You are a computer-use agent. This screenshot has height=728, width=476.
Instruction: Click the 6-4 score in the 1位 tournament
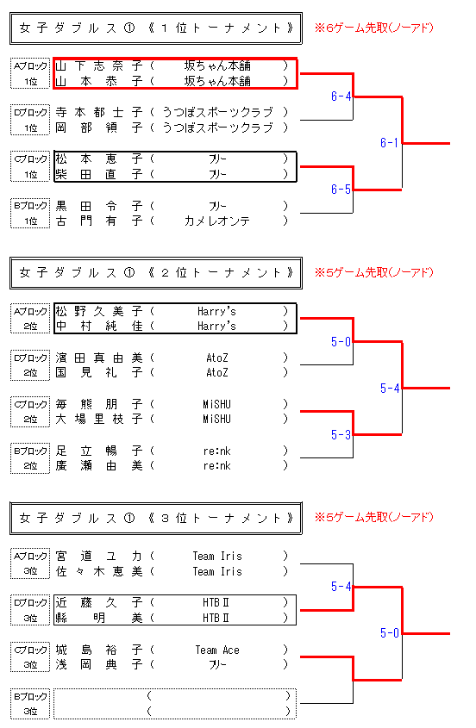click(x=341, y=96)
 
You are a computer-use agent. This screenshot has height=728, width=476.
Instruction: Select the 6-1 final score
click(x=390, y=142)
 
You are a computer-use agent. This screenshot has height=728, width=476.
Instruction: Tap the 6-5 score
click(x=341, y=189)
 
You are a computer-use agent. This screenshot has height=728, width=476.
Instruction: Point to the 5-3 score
click(x=341, y=434)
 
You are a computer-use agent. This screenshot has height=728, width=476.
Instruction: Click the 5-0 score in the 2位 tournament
click(x=341, y=342)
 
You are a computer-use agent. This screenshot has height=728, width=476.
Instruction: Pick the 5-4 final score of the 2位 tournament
click(x=390, y=389)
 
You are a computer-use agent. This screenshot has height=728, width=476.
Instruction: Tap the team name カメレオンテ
click(x=217, y=221)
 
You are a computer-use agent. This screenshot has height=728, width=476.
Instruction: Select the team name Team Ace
click(x=217, y=650)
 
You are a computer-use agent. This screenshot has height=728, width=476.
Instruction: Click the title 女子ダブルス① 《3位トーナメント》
click(x=156, y=518)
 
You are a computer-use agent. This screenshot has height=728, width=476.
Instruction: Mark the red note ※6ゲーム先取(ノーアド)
click(x=374, y=28)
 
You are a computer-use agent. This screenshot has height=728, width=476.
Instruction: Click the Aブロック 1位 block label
click(x=30, y=73)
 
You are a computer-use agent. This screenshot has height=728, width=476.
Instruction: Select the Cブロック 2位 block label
click(x=30, y=411)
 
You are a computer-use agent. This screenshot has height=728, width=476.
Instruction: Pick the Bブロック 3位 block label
click(x=30, y=704)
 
